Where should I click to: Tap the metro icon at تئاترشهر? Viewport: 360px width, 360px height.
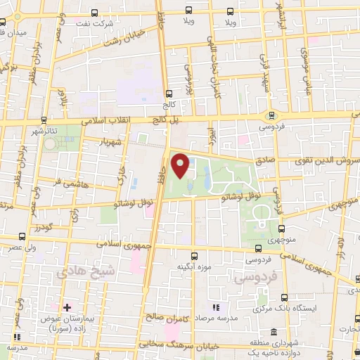point(44,120)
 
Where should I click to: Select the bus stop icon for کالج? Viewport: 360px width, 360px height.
point(168,94)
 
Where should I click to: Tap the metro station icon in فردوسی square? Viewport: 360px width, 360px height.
point(271,117)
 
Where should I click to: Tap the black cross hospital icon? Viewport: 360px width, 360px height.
point(67,307)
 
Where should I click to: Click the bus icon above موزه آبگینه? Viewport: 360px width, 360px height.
point(195,256)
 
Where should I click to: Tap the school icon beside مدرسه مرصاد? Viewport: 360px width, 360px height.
point(216,308)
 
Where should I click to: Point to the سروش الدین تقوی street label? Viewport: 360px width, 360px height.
point(327,161)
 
